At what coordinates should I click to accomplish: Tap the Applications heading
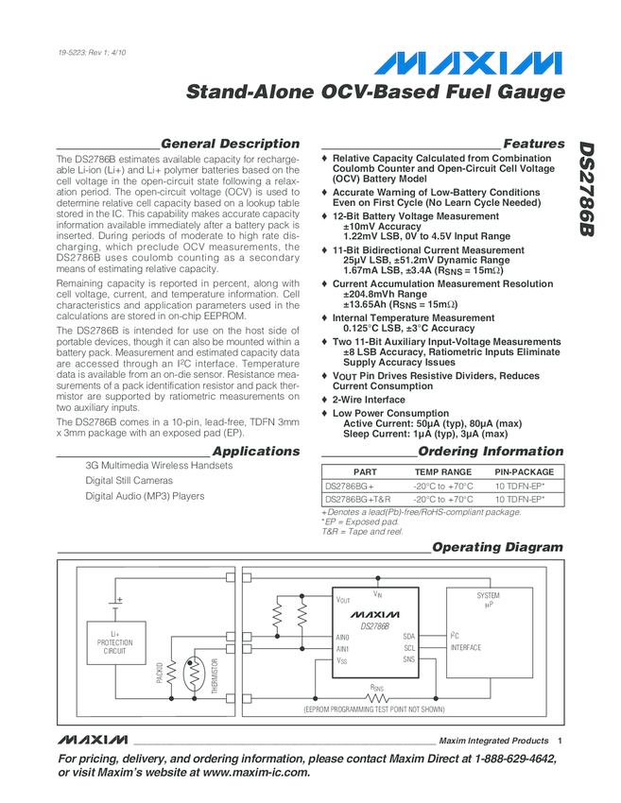tap(256, 451)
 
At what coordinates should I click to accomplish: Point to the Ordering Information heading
tap(491, 451)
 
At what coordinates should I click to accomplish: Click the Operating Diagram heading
tap(496, 547)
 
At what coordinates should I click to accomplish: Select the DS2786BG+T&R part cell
tap(358, 498)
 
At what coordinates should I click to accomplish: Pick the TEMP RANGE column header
tap(443, 471)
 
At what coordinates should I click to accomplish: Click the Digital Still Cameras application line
tap(129, 481)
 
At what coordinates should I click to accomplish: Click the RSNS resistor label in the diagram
tap(377, 689)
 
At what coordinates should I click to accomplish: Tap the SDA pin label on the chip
tap(408, 637)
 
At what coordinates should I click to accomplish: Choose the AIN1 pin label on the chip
tap(342, 648)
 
